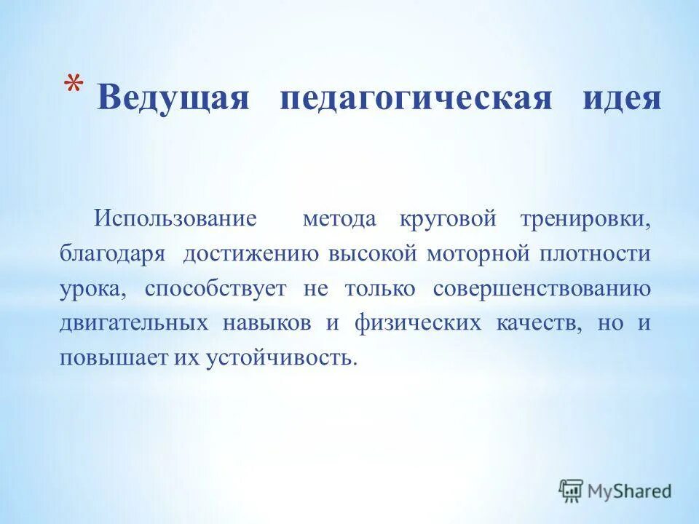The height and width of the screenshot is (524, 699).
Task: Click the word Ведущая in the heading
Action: pyautogui.click(x=173, y=98)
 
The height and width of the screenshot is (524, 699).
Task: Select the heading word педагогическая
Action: pyautogui.click(x=416, y=98)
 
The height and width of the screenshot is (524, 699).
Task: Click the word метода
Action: pyautogui.click(x=339, y=219)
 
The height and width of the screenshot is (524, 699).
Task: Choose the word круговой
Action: pyautogui.click(x=447, y=219)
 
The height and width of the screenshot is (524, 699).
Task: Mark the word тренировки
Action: pyautogui.click(x=585, y=219)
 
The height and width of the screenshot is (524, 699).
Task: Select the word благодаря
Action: pyautogui.click(x=112, y=255)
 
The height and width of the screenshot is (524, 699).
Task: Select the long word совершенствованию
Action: pyautogui.click(x=542, y=289)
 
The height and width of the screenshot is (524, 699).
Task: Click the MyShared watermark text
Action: pyautogui.click(x=629, y=491)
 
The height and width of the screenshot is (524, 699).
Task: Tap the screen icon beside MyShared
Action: pyautogui.click(x=572, y=491)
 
